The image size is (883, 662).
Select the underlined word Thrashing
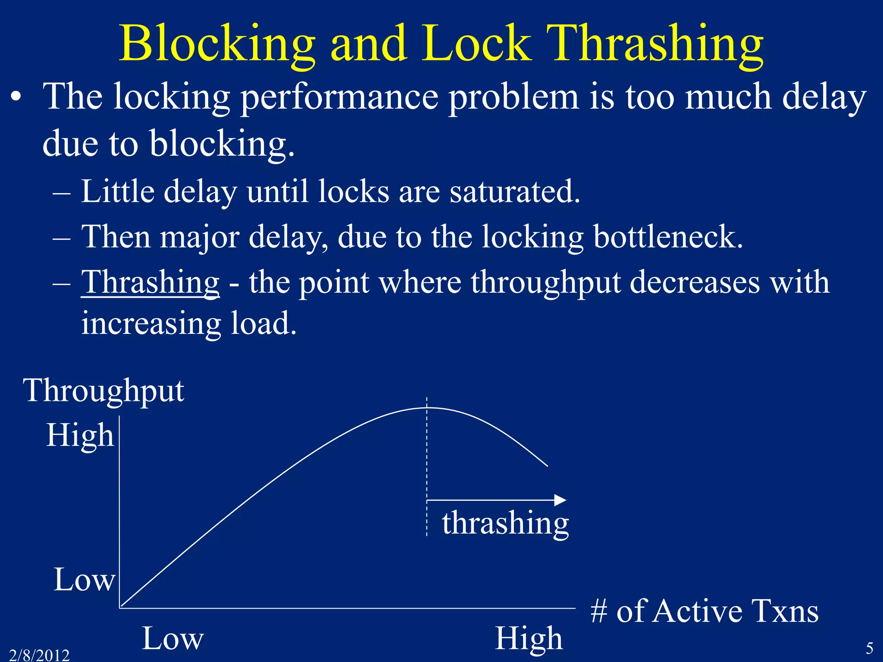pos(150,282)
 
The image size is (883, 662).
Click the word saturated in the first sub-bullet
pos(515,191)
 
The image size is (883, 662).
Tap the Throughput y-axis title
pos(104,390)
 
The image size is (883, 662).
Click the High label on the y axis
pos(80,435)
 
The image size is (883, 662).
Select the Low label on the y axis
pos(84,580)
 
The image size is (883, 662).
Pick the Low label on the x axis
pos(172,638)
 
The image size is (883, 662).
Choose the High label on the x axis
pos(529,638)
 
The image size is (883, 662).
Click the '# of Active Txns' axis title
pos(704,611)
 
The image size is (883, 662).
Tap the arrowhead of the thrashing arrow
pos(560,500)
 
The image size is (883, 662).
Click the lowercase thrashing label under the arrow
pos(505,523)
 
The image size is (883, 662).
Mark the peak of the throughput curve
pos(427,408)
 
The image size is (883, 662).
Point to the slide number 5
pos(870,648)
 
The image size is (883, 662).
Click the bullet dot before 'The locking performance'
pos(16,98)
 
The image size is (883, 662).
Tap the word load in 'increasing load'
pos(263,323)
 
